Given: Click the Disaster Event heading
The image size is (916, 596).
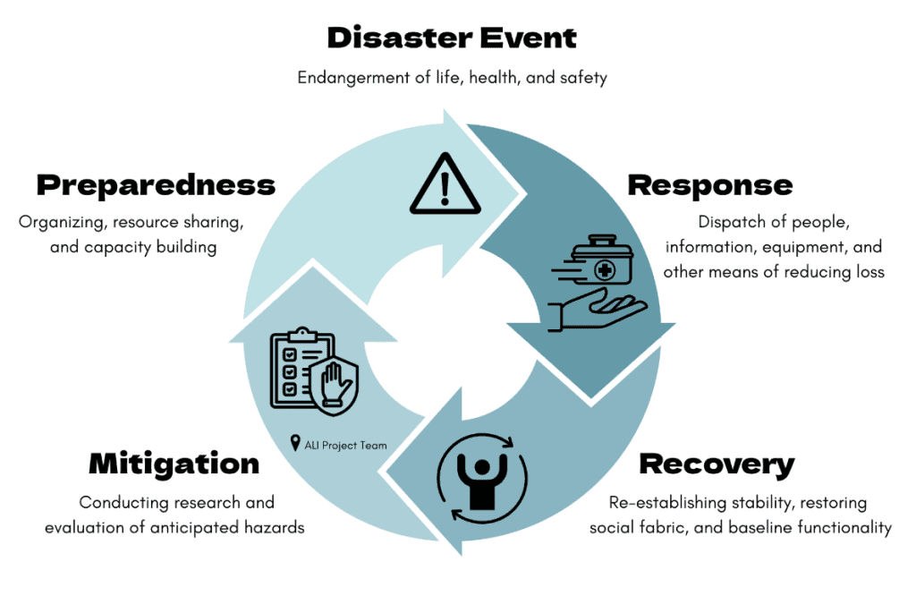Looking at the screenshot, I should click(x=452, y=38).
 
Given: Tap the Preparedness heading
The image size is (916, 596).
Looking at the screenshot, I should click(x=156, y=184).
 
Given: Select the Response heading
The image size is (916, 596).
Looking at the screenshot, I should click(x=709, y=184).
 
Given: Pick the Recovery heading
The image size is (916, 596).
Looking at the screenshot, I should click(x=717, y=464).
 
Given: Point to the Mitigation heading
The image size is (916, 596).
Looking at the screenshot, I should click(x=174, y=464).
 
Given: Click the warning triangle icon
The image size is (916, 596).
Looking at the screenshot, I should click(x=445, y=184).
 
